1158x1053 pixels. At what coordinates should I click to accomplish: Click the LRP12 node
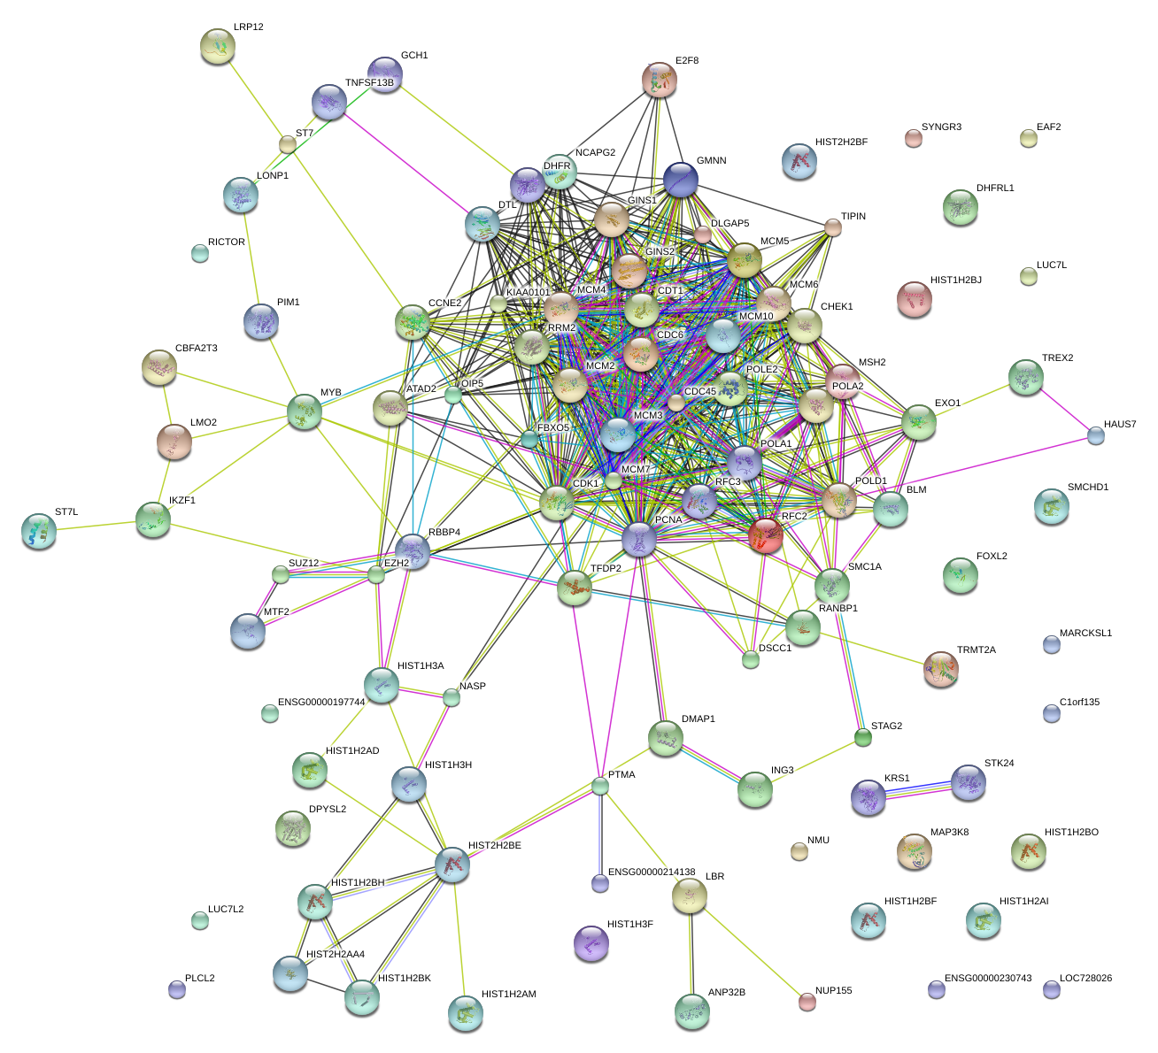tap(217, 46)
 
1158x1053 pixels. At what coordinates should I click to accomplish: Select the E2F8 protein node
tap(659, 81)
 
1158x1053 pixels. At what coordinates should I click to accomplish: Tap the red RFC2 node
tap(766, 535)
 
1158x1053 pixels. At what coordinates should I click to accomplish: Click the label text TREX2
tap(1057, 358)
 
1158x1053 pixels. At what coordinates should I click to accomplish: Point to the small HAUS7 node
tap(1096, 434)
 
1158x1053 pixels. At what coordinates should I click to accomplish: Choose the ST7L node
tap(38, 530)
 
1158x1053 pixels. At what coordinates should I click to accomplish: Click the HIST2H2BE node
tap(452, 864)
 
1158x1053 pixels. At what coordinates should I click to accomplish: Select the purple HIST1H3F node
tap(591, 942)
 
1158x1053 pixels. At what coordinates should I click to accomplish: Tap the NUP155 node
tap(807, 1002)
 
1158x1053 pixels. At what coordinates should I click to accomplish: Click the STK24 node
tap(969, 782)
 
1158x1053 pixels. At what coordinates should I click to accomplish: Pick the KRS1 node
tap(868, 797)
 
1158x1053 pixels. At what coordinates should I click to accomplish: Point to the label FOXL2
tap(992, 557)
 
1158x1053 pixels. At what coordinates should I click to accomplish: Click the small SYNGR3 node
tap(913, 137)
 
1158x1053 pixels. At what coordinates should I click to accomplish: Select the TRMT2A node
tap(940, 669)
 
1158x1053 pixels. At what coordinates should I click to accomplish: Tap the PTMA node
tap(600, 786)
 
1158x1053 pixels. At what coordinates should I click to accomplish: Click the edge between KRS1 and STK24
tap(918, 789)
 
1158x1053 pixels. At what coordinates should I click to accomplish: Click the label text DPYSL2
tap(327, 810)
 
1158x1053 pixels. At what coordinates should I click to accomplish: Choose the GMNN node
tap(681, 180)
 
